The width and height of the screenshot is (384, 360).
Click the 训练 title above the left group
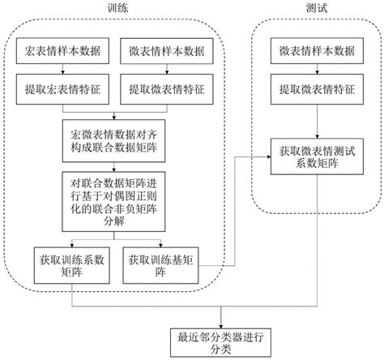(117, 7)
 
